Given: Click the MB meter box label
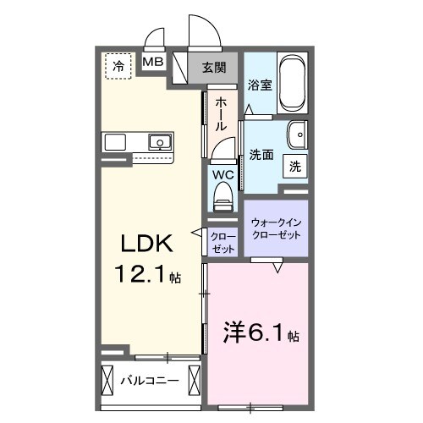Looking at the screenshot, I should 152,63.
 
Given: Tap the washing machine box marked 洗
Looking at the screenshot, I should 295,165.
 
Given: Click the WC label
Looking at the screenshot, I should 222,175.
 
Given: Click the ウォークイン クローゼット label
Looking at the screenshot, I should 276,228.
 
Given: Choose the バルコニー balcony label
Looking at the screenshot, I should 149,380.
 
